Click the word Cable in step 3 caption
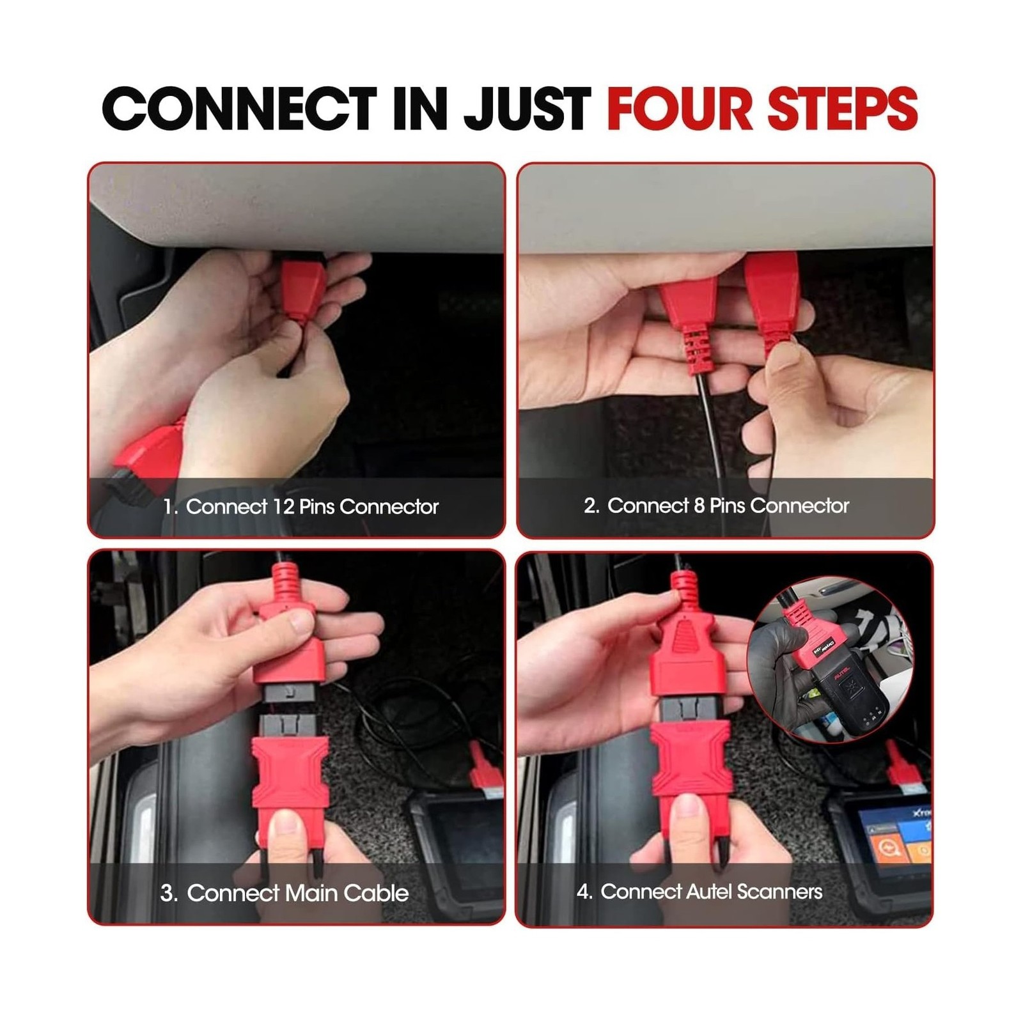(377, 893)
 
